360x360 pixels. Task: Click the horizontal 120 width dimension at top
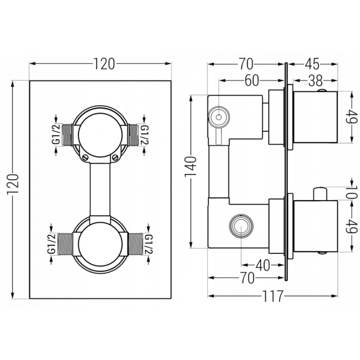(104, 64)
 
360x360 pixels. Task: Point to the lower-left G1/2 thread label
(51, 243)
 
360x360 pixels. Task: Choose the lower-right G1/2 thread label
(148, 243)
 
